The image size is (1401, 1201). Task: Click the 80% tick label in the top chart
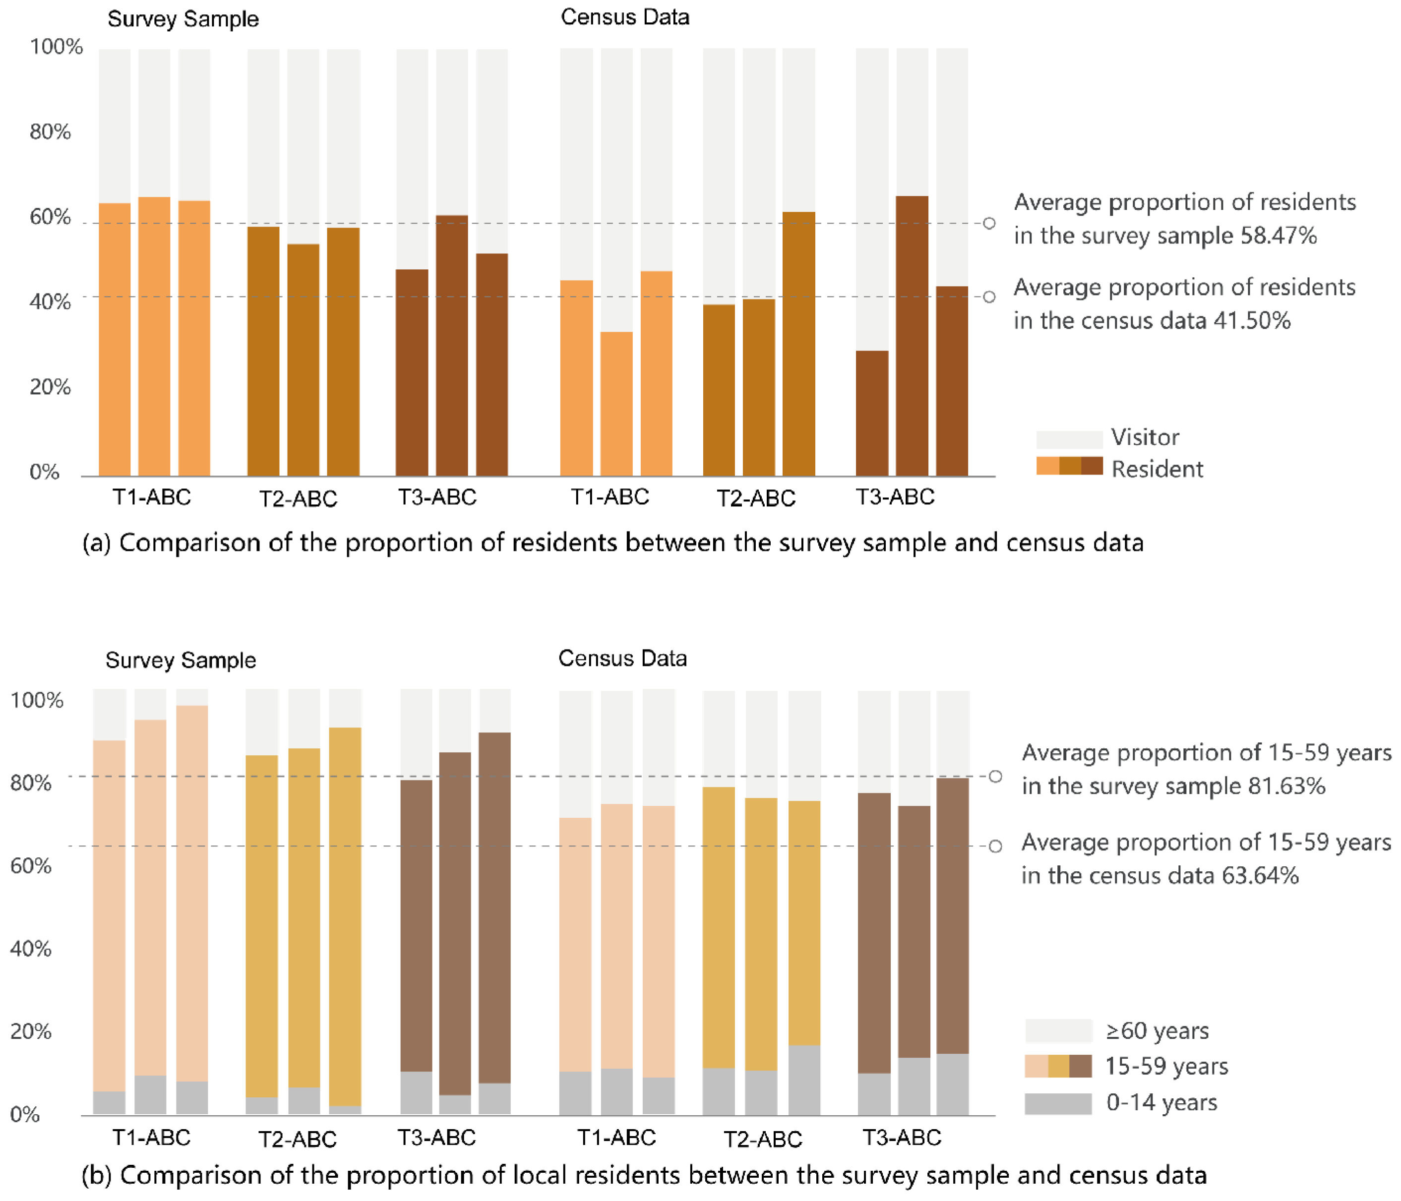50,131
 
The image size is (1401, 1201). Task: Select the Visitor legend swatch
1069,439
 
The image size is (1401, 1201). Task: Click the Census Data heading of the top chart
625,17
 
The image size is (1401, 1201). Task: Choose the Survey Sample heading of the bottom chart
181,660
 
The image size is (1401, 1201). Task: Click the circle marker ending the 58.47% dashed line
988,223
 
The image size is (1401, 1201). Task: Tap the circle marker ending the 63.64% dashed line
995,846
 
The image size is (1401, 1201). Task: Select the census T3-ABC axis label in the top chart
895,497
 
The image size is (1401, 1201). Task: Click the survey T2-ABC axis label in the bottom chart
298,1139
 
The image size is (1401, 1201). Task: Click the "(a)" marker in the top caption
97,543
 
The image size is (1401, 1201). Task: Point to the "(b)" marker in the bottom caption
96,1175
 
